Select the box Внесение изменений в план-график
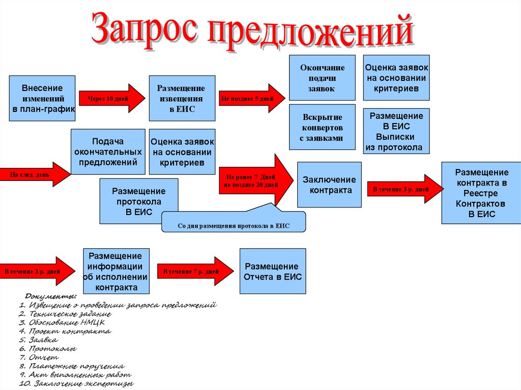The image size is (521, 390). click(42, 98)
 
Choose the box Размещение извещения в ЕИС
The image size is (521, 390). click(182, 98)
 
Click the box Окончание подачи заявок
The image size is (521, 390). click(322, 77)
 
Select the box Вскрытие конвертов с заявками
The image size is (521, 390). click(322, 127)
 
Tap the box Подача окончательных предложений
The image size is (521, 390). click(107, 152)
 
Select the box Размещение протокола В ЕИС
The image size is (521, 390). click(139, 201)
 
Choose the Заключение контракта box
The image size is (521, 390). click(329, 185)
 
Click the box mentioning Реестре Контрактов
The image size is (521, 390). click(481, 193)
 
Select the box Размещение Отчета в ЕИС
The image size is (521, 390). click(273, 271)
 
